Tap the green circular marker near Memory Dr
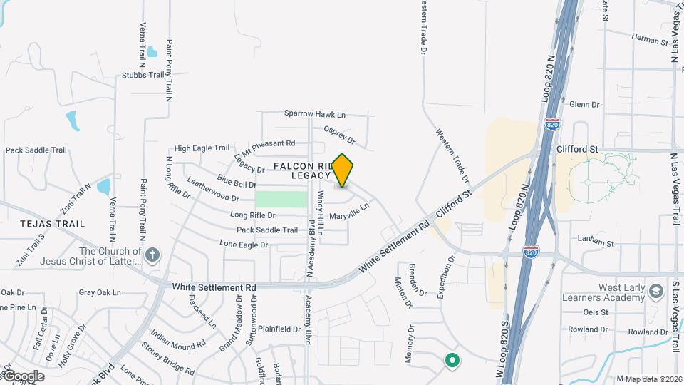click(x=451, y=361)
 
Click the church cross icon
click(x=152, y=255)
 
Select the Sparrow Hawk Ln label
click(x=314, y=113)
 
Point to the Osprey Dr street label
click(x=339, y=135)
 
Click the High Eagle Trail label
click(x=202, y=148)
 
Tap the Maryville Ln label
click(x=349, y=210)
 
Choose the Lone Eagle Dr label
click(x=244, y=244)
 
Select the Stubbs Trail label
click(x=143, y=75)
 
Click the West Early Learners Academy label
click(x=603, y=292)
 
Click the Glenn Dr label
click(x=585, y=104)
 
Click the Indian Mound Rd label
click(x=178, y=341)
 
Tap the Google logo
click(x=23, y=376)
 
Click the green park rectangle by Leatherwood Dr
click(x=281, y=199)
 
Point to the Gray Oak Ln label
click(x=100, y=292)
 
